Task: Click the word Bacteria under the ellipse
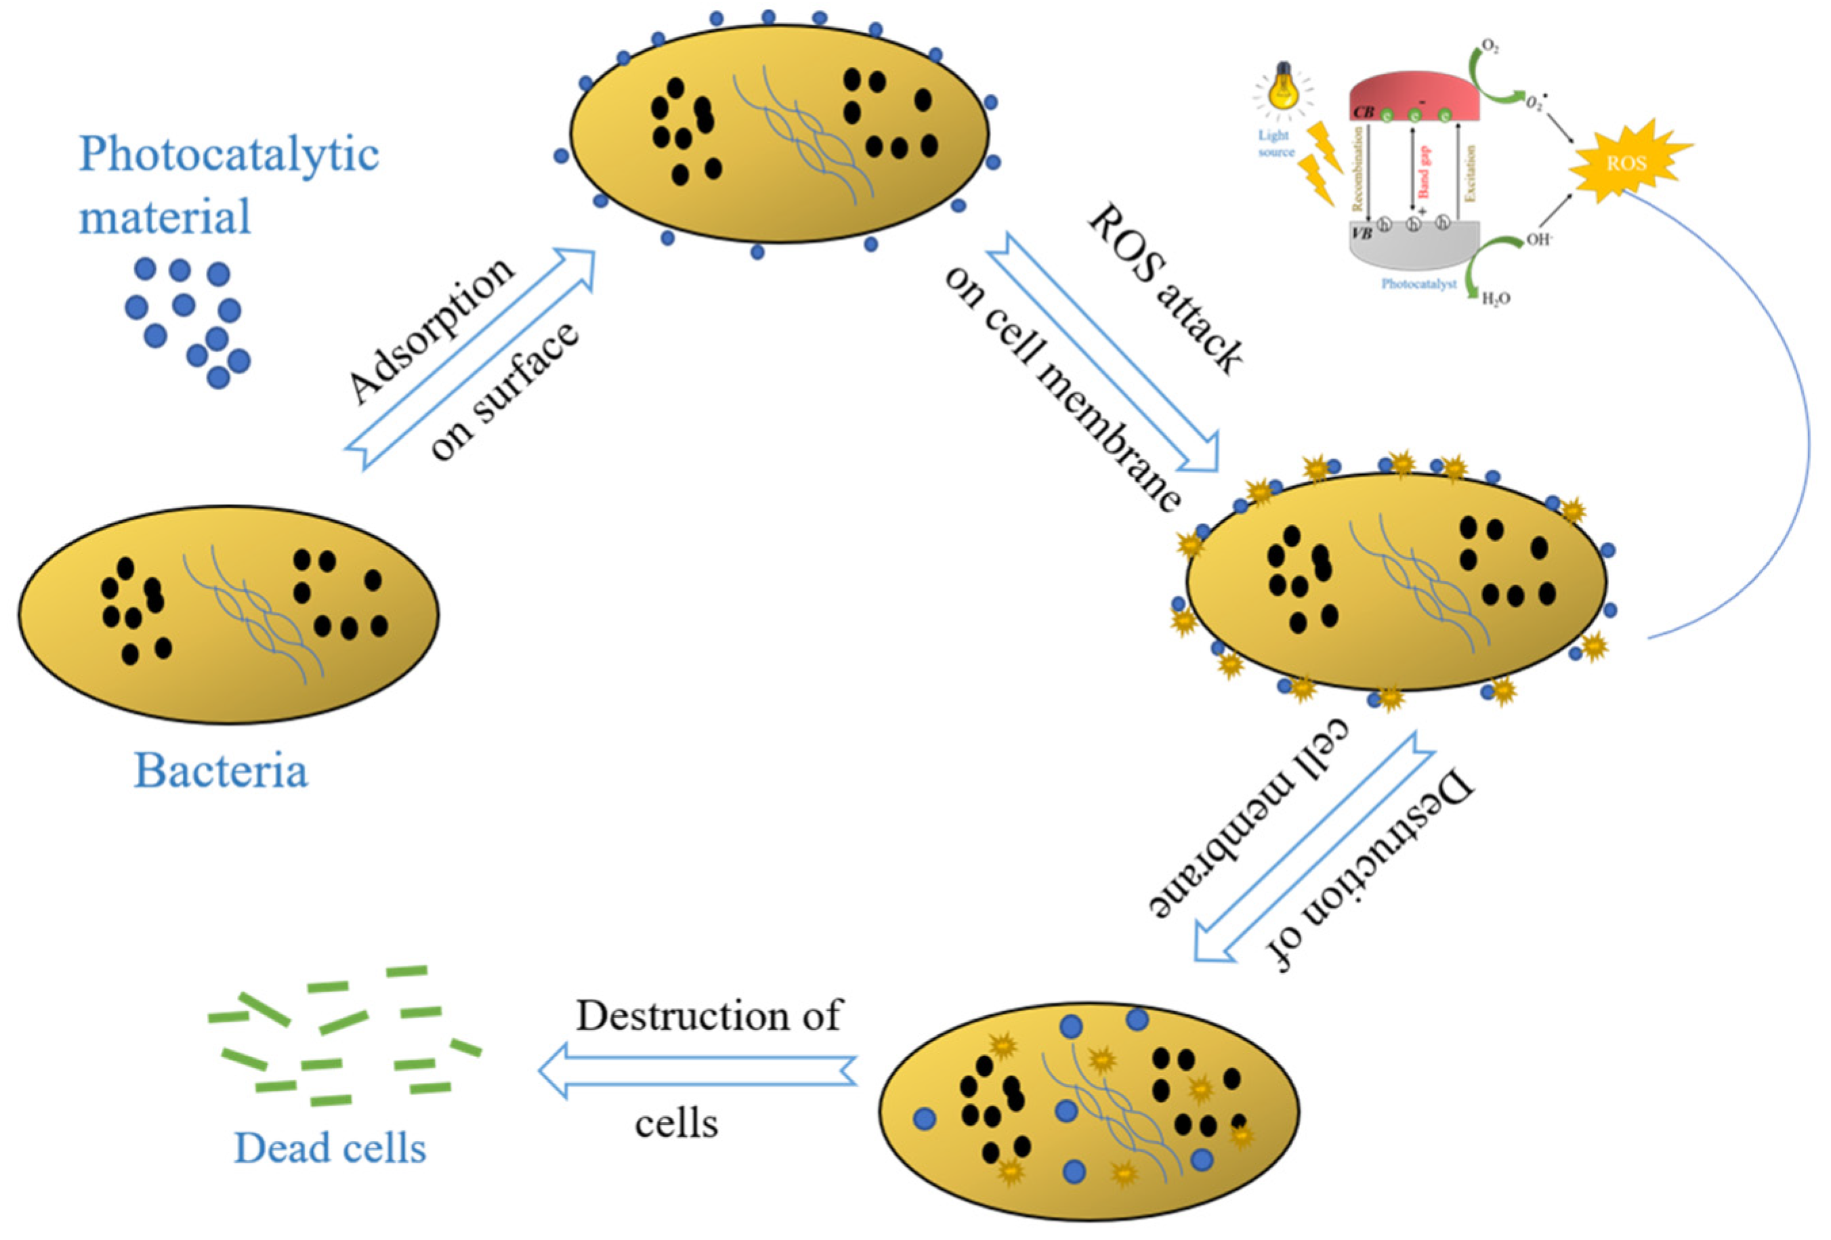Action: pos(221,771)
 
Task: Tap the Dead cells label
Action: pos(330,1149)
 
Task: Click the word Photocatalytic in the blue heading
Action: pos(228,154)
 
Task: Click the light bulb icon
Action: pos(1282,87)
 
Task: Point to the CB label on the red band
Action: pos(1364,112)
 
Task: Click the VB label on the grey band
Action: pos(1362,233)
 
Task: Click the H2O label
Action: pos(1496,299)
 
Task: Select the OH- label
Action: pos(1538,240)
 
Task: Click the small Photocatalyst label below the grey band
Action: pos(1418,284)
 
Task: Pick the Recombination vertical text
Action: pos(1358,169)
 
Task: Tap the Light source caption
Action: pos(1275,144)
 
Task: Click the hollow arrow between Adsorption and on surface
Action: pos(469,359)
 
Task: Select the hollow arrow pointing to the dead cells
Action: pos(697,1070)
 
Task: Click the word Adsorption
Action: pos(431,331)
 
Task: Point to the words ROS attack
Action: pos(1165,288)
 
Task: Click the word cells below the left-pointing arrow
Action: pos(676,1124)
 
